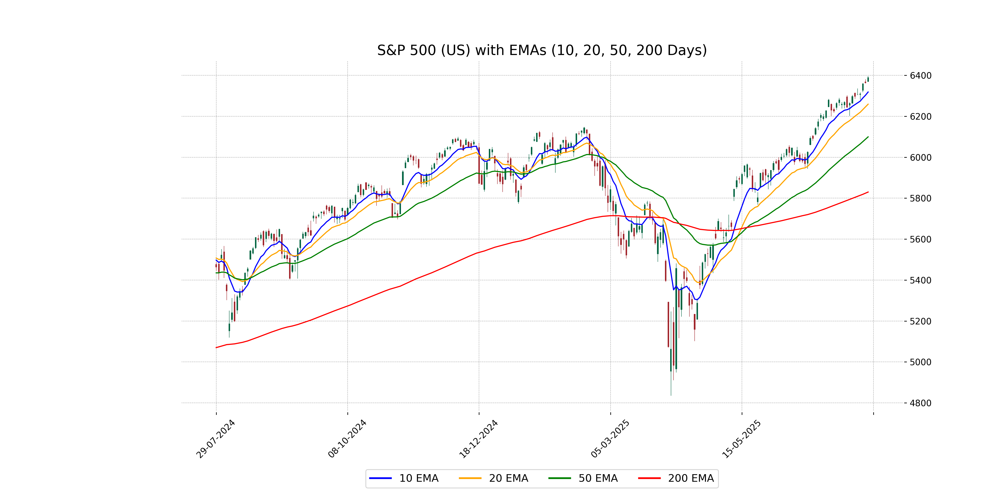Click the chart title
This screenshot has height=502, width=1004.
pos(542,50)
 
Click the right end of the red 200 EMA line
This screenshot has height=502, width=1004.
pos(868,192)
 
